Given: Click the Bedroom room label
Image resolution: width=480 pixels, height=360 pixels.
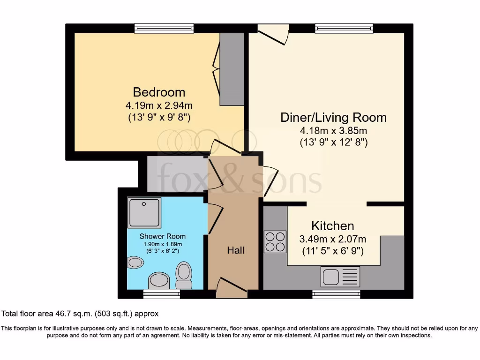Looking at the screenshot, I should pos(159,92).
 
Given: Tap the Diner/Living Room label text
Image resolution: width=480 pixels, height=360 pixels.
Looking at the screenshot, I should pos(333,117).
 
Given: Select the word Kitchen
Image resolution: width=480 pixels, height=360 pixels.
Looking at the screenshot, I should pos(333,226).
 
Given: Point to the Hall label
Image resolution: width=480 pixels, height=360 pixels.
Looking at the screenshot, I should pos(235,251).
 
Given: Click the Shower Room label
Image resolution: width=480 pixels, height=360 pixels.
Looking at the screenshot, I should pos(162,236).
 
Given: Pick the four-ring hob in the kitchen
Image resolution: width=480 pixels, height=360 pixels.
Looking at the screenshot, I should pos(275,242).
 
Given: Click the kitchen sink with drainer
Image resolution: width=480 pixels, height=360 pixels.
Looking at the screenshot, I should pos(340,277).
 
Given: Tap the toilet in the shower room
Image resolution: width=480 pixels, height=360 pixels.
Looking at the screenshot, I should pos(184,275).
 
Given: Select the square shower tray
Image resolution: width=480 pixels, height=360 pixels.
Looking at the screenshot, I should pos(144,212).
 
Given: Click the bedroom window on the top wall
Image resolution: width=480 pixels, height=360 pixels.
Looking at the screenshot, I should pos(164,29).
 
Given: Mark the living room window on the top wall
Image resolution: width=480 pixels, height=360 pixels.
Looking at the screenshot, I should pos(345,29).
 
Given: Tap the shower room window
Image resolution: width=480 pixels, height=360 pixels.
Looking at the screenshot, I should pos(162,294).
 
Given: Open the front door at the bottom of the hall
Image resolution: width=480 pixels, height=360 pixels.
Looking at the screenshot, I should pos(232,287).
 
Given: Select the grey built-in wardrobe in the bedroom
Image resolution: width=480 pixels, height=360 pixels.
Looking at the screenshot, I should pos(232,69).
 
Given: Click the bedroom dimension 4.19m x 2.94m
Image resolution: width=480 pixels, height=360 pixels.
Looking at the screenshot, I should pos(159,106).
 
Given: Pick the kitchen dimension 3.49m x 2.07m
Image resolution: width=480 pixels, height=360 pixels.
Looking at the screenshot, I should pos(333,239).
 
